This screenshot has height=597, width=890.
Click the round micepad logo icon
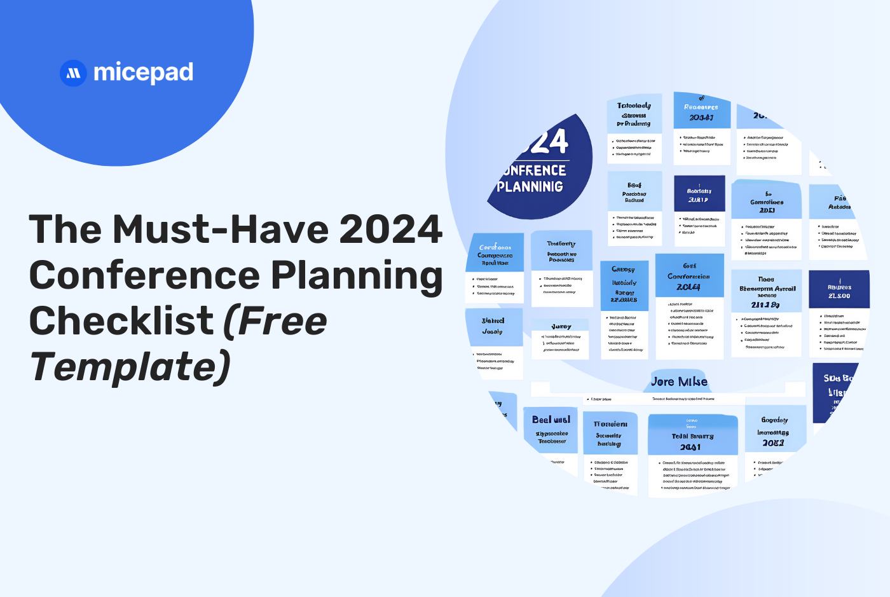tap(73, 73)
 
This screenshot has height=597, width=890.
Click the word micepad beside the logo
tap(143, 73)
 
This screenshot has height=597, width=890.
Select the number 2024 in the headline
tap(391, 229)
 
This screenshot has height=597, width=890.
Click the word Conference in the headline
tap(144, 275)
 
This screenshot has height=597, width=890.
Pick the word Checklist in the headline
tap(121, 321)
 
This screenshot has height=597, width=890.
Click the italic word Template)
tap(130, 367)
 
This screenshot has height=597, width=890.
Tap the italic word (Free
tap(275, 321)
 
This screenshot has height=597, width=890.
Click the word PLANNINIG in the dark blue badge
tap(530, 187)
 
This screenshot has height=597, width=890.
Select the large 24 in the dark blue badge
tap(547, 142)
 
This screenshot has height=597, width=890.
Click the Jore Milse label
tap(679, 381)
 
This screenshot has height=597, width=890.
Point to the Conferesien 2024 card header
tap(689, 277)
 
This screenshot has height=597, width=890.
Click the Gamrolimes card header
tap(767, 202)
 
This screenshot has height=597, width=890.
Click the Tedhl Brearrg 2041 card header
tap(692, 436)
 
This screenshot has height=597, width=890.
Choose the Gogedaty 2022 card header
tap(774, 431)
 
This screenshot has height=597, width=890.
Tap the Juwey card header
tap(561, 327)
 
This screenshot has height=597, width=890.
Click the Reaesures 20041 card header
tap(701, 111)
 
